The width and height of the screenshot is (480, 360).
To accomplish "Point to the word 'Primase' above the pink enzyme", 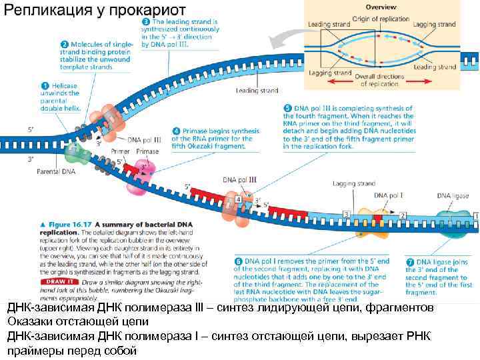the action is [x=147, y=152].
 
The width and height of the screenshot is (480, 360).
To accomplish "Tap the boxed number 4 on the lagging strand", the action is [x=238, y=200].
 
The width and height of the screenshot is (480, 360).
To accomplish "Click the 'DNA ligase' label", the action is [x=453, y=196].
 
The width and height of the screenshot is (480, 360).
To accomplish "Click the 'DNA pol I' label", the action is [x=389, y=196].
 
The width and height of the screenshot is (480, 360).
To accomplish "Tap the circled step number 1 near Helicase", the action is [x=45, y=85].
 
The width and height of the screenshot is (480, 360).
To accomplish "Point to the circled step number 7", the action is [x=410, y=261].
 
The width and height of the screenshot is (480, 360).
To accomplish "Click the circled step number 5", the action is [x=287, y=108].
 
